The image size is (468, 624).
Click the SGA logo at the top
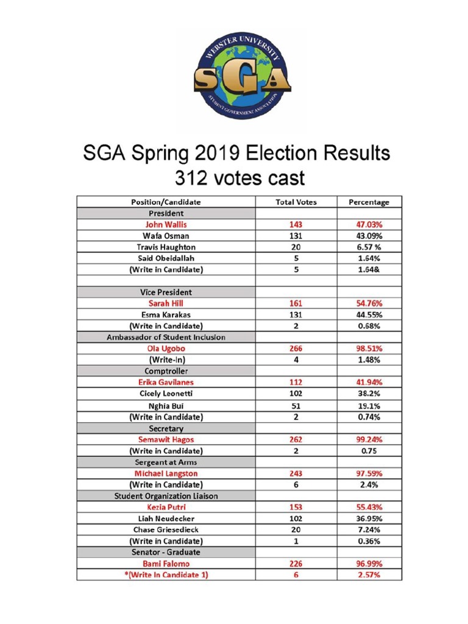tap(241, 76)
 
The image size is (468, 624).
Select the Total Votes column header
tap(296, 202)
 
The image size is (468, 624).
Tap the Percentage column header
tap(369, 202)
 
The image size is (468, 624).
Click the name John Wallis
tap(166, 224)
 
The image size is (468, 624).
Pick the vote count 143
tap(296, 224)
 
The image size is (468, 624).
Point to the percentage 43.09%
tap(369, 236)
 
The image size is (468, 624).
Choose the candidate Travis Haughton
tap(166, 247)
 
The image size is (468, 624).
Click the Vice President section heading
tap(166, 292)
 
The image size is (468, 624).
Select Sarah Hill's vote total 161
tap(296, 303)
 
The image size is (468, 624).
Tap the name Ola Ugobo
tap(166, 349)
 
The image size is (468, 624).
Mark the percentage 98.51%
tap(369, 349)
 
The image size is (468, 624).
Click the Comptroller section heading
tap(166, 371)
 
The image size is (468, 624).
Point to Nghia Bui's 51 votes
tap(296, 405)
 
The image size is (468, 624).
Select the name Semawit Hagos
tap(166, 439)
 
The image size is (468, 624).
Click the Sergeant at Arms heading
tap(166, 462)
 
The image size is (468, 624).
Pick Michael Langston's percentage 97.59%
tap(369, 473)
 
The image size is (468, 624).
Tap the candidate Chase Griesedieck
tap(166, 530)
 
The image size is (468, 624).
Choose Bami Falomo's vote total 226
tap(296, 564)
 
